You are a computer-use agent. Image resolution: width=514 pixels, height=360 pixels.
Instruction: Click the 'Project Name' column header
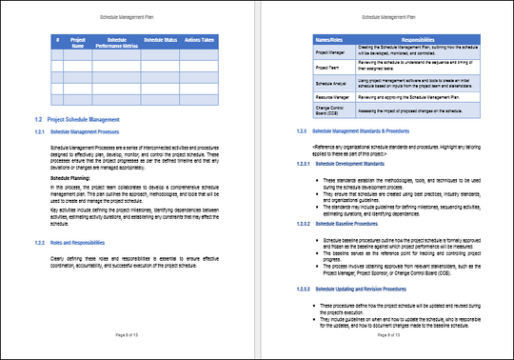78,42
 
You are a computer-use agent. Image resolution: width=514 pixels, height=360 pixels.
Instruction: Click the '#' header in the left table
57,39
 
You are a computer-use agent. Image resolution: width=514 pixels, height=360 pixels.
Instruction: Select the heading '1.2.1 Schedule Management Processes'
97,132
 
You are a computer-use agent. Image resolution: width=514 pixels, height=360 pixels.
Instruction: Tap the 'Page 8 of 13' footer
128,336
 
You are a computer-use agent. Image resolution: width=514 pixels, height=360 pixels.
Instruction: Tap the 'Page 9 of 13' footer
385,336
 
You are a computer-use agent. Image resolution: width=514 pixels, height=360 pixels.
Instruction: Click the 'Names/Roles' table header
329,39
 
